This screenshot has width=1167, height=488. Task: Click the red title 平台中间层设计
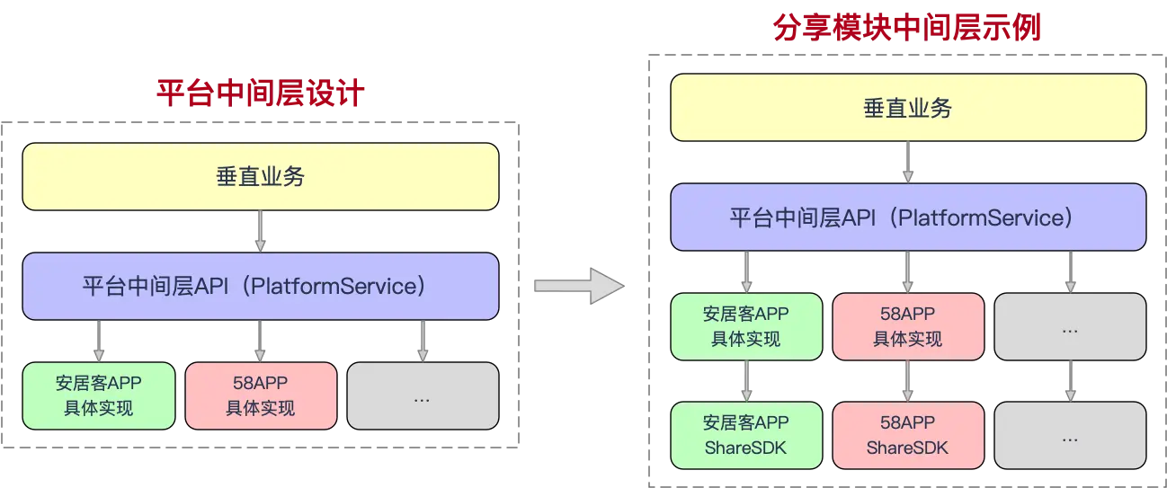point(261,93)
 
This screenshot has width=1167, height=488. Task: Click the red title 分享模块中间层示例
point(907,28)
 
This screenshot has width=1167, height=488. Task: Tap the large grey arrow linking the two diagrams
point(578,286)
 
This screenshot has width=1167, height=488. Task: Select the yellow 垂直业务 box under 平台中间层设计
point(261,177)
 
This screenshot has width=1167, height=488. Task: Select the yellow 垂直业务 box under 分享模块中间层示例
point(907,108)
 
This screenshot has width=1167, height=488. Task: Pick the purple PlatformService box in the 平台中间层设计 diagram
point(261,287)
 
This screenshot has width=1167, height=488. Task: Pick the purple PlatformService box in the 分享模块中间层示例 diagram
point(907,217)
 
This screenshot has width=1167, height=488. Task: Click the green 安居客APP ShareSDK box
point(746,435)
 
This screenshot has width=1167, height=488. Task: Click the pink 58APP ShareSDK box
point(907,435)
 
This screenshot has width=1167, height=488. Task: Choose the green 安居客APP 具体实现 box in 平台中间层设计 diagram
point(99,395)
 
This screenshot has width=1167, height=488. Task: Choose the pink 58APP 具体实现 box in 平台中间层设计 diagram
point(261,395)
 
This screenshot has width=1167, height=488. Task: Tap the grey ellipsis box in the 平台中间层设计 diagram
point(423,395)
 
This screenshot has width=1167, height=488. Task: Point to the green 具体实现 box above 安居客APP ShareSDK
point(746,326)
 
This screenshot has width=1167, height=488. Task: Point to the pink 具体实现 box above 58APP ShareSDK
point(907,326)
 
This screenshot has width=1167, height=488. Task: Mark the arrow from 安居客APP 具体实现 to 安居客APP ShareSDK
point(746,381)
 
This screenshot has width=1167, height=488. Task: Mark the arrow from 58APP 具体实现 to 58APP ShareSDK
point(907,381)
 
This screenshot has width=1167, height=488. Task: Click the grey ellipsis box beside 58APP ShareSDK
point(1070,435)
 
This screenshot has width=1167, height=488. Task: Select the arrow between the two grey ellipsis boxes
point(1070,381)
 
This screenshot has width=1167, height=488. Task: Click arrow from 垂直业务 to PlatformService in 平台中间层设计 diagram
point(261,232)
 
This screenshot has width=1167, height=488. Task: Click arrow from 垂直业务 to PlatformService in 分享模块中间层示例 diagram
point(908,163)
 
